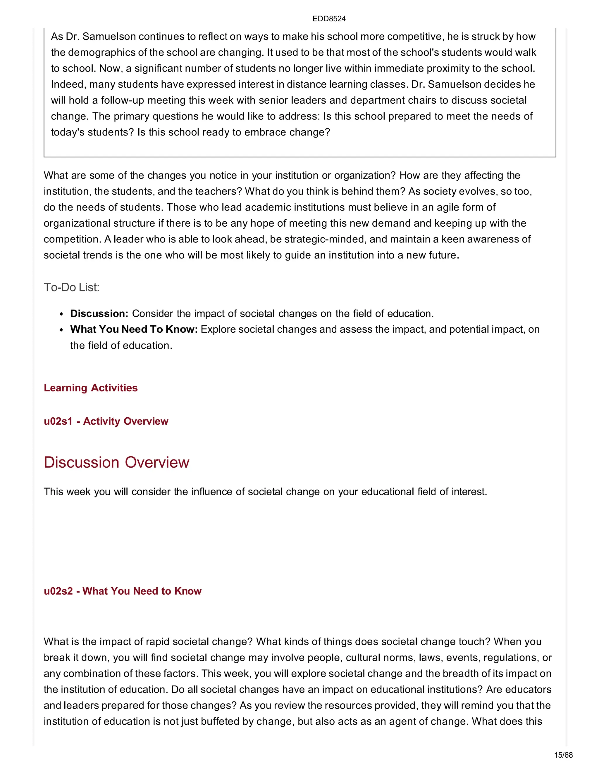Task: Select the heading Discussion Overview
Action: [x=116, y=462]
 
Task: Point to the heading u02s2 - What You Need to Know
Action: [x=123, y=591]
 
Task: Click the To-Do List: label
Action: [x=71, y=287]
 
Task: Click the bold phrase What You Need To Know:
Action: [x=134, y=329]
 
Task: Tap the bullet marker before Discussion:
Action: [x=61, y=314]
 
